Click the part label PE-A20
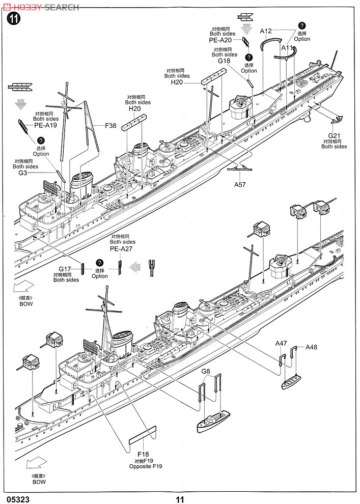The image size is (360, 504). pyautogui.click(x=220, y=40)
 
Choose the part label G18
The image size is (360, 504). pyautogui.click(x=224, y=61)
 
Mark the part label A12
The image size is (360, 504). pyautogui.click(x=266, y=31)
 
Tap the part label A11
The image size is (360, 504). pyautogui.click(x=288, y=48)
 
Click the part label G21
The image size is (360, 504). pyautogui.click(x=334, y=135)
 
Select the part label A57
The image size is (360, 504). pyautogui.click(x=240, y=184)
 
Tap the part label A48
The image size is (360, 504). pyautogui.click(x=311, y=347)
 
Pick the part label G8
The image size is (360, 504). pyautogui.click(x=206, y=371)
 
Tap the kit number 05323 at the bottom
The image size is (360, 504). pyautogui.click(x=19, y=499)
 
